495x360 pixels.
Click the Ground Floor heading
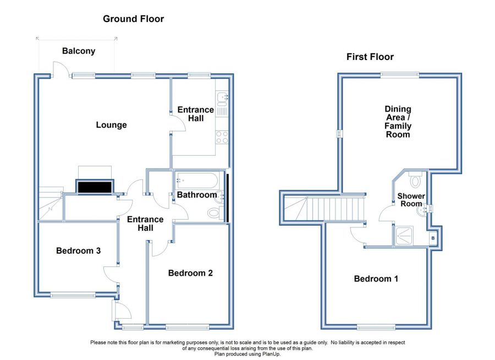pos(133,19)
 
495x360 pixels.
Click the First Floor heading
pos(370,57)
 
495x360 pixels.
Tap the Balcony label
pos(79,51)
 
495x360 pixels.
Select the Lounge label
pos(111,125)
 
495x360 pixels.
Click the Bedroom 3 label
pos(78,250)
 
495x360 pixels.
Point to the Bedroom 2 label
pos(190,273)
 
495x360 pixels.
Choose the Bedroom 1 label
pos(376,279)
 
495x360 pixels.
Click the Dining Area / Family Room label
pos(398,122)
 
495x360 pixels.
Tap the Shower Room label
pos(411,200)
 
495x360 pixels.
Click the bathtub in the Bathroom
pos(197,181)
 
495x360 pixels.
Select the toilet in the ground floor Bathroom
pos(216,212)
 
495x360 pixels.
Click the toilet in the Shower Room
pos(415,179)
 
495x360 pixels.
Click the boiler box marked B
pos(433,238)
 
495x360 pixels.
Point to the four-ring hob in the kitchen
pos(222,137)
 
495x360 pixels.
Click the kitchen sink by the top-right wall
pos(222,96)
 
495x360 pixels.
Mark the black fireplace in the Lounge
pos(95,187)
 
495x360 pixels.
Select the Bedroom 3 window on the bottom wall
pos(73,296)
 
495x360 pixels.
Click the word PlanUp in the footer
pos(271,354)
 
